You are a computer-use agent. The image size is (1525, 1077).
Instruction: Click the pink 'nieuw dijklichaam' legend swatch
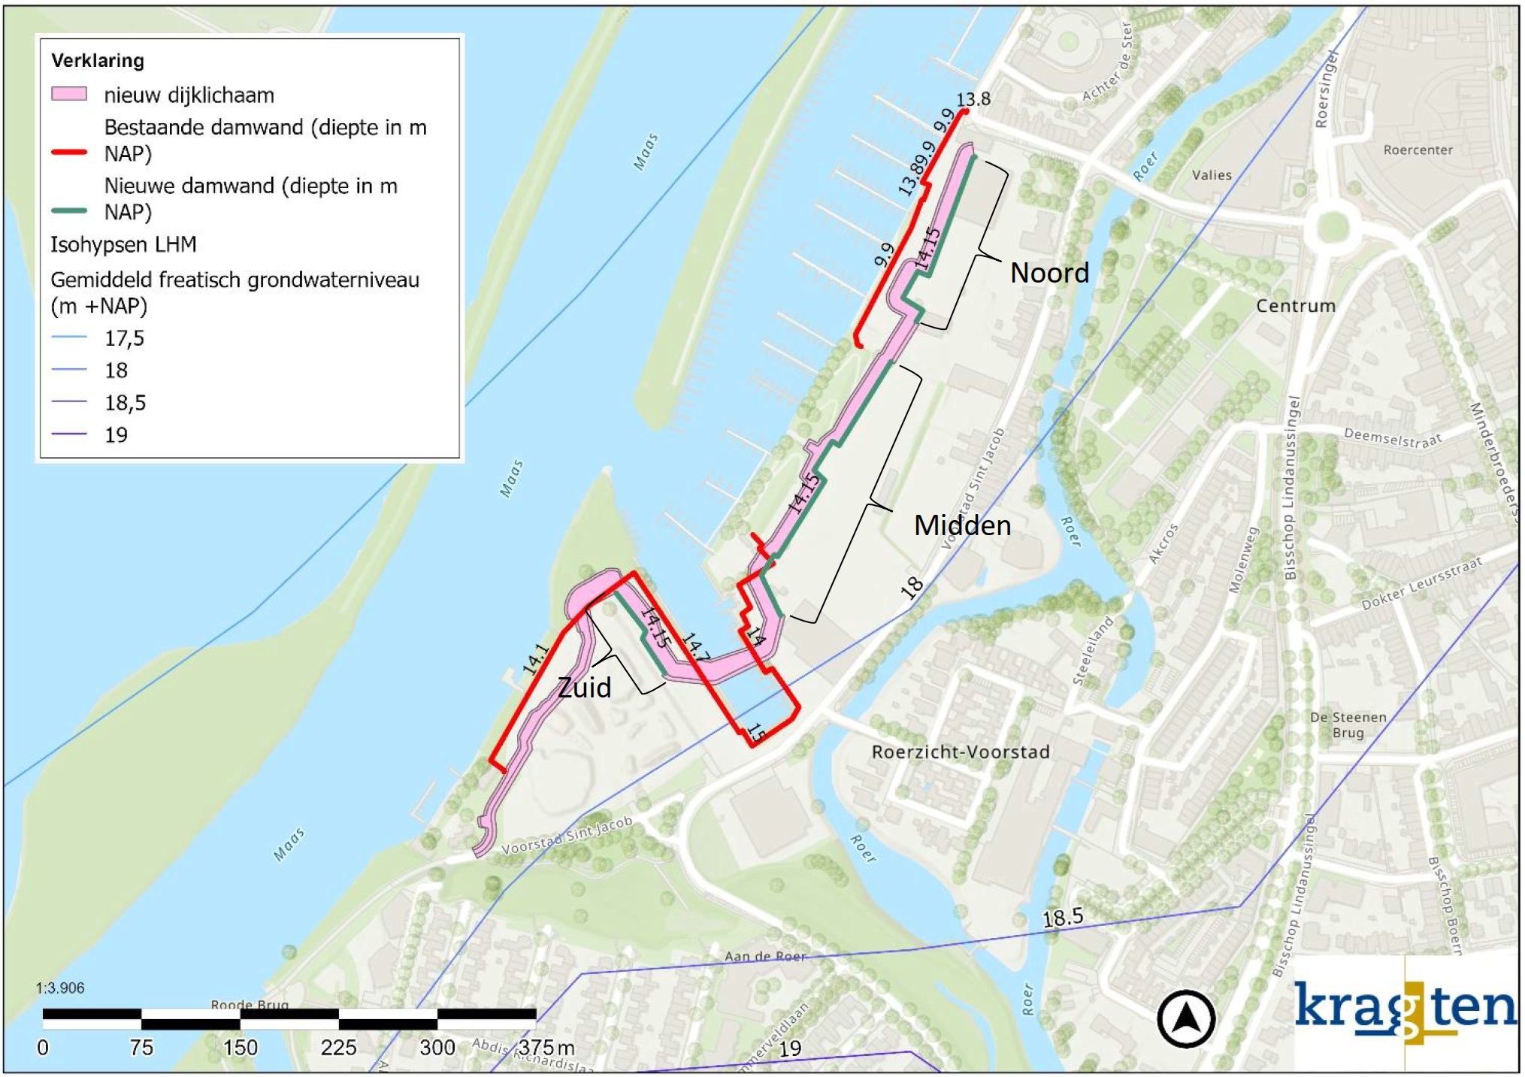coord(68,94)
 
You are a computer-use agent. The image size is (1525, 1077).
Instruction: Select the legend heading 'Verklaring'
coord(97,60)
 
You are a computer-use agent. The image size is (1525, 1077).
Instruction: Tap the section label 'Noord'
coord(1049,273)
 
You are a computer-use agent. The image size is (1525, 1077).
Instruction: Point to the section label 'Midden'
coord(962,525)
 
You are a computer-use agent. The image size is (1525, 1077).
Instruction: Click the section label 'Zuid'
coord(584,687)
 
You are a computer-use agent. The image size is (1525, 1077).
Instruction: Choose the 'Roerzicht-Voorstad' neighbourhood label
coord(960,752)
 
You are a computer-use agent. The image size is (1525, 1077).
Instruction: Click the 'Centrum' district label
coord(1296,306)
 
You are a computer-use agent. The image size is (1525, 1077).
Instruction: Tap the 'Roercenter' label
coord(1418,150)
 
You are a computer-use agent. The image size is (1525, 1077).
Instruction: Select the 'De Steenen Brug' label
coord(1348,725)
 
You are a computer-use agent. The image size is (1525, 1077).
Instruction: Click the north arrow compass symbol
coord(1186,1018)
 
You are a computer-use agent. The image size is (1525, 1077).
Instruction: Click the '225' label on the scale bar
coord(338,1047)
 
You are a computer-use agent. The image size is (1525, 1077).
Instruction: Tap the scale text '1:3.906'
coord(60,988)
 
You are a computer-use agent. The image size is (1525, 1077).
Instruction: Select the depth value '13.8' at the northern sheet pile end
coord(973,99)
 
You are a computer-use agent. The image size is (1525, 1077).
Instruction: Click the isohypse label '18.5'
coord(1063,917)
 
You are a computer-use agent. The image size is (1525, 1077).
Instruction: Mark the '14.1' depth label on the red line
coord(535,660)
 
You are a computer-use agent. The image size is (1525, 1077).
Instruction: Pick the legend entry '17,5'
coord(124,338)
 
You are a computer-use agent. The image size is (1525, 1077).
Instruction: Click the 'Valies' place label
coord(1212,175)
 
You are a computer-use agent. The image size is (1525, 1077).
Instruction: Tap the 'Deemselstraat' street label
coord(1393,437)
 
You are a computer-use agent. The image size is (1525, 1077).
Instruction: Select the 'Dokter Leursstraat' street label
coord(1422,582)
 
